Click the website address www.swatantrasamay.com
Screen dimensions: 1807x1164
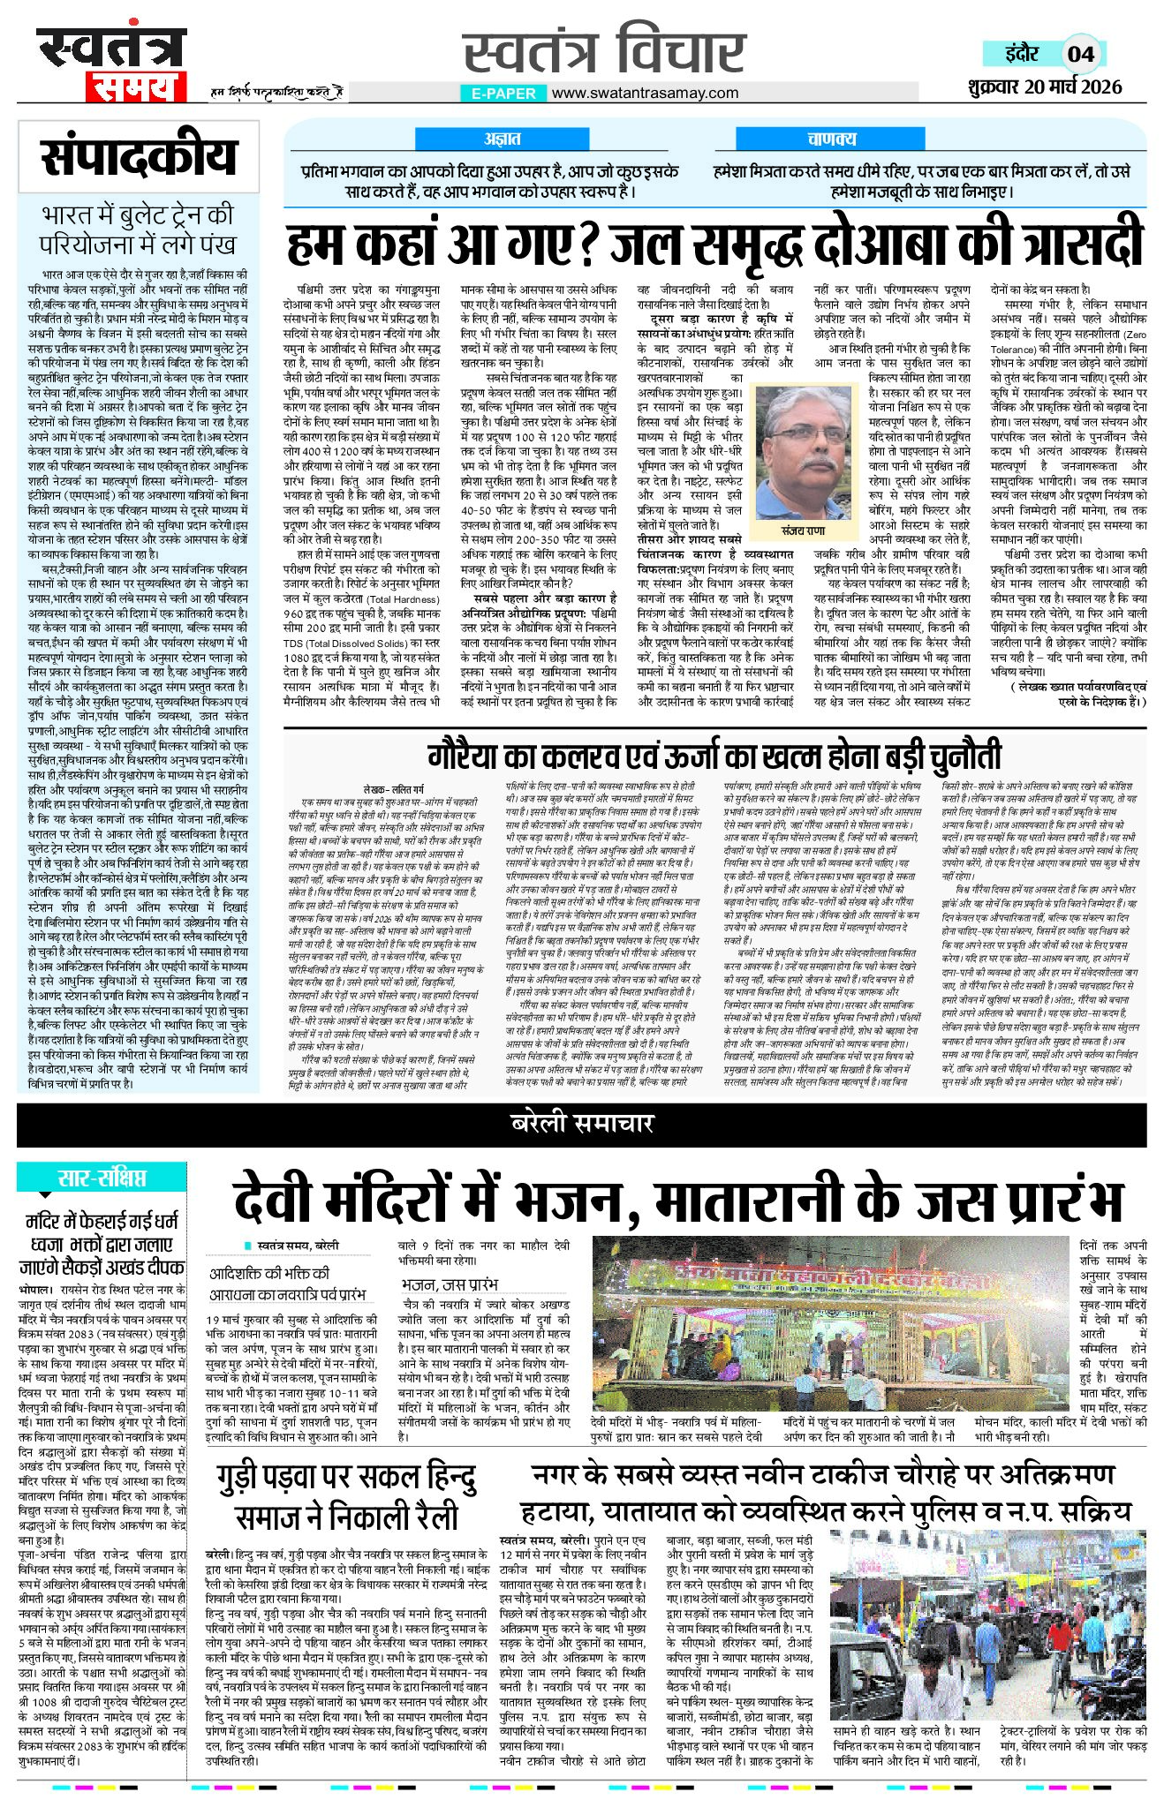tap(645, 93)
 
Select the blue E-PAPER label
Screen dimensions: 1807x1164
tap(503, 93)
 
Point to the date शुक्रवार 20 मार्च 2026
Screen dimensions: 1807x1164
tap(1044, 87)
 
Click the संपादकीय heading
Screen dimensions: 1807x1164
tap(139, 156)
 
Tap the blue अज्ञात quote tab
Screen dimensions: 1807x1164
tap(502, 139)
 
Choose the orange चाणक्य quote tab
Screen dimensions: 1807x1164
tap(831, 139)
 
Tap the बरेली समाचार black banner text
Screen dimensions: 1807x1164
tap(582, 1123)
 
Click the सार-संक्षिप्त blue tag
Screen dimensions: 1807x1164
tap(102, 1178)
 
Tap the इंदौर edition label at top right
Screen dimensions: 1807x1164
tap(1022, 53)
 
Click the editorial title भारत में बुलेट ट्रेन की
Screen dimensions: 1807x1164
tap(139, 215)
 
